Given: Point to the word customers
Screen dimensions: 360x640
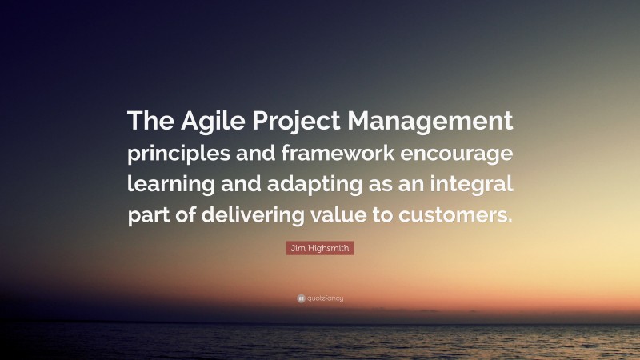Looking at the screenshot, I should tap(461, 216).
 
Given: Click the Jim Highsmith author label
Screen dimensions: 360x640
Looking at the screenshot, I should tap(320, 250).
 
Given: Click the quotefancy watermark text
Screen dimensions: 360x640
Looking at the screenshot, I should tap(325, 298).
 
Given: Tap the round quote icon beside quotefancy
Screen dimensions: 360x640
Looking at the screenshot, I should tap(301, 298).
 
